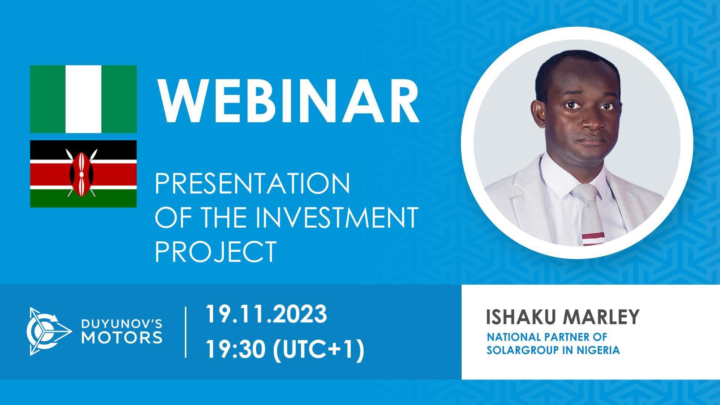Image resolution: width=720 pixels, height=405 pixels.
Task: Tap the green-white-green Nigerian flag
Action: pyautogui.click(x=83, y=99)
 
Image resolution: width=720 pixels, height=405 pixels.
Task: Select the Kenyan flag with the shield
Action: pyautogui.click(x=83, y=174)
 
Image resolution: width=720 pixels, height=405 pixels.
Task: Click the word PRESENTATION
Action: pyautogui.click(x=252, y=184)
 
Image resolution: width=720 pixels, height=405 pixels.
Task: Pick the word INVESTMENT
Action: pyautogui.click(x=337, y=217)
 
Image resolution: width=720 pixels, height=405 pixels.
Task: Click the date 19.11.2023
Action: pyautogui.click(x=266, y=314)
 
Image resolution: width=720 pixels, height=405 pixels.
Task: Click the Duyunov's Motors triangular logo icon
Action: pyautogui.click(x=47, y=331)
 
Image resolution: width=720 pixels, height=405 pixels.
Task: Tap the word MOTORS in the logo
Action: pyautogui.click(x=122, y=337)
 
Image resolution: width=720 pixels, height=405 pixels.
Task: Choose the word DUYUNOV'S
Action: pyautogui.click(x=122, y=324)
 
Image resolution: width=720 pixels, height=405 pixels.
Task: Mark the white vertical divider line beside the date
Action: pyautogui.click(x=186, y=332)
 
